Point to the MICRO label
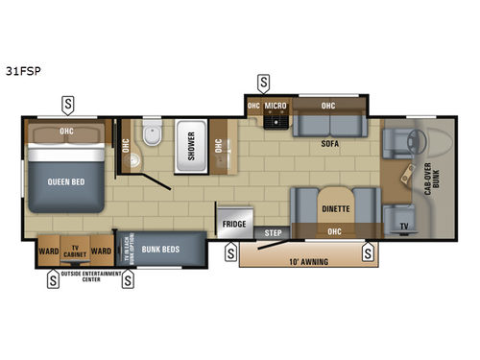coord(276,106)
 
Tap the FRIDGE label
coord(234,224)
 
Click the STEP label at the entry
coord(273,232)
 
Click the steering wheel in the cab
coord(420,144)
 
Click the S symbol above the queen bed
coord(68,103)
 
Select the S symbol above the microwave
coord(263,82)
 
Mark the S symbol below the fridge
coord(230,254)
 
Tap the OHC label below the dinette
coord(334,230)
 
